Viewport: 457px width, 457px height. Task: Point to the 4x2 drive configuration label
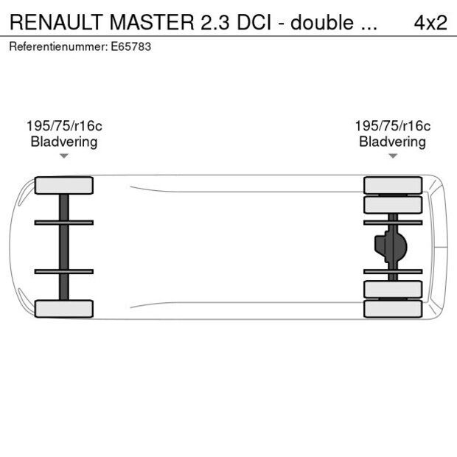pyautogui.click(x=430, y=22)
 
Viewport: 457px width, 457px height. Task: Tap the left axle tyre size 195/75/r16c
pyautogui.click(x=64, y=126)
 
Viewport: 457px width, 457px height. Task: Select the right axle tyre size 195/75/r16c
pyautogui.click(x=392, y=126)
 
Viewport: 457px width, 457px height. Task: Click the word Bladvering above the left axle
pyautogui.click(x=64, y=142)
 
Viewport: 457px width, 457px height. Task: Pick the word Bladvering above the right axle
pyautogui.click(x=392, y=142)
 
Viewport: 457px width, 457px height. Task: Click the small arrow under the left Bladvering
pyautogui.click(x=64, y=156)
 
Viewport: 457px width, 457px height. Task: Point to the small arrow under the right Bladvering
pyautogui.click(x=393, y=156)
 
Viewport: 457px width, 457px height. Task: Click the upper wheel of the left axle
pyautogui.click(x=64, y=185)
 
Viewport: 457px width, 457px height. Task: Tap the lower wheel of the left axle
pyautogui.click(x=64, y=308)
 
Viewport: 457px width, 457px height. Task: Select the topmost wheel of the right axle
pyautogui.click(x=393, y=184)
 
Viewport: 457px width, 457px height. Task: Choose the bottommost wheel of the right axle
pyautogui.click(x=393, y=309)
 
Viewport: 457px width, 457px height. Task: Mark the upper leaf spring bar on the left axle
pyautogui.click(x=64, y=222)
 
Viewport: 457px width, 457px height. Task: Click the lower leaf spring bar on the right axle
pyautogui.click(x=393, y=271)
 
